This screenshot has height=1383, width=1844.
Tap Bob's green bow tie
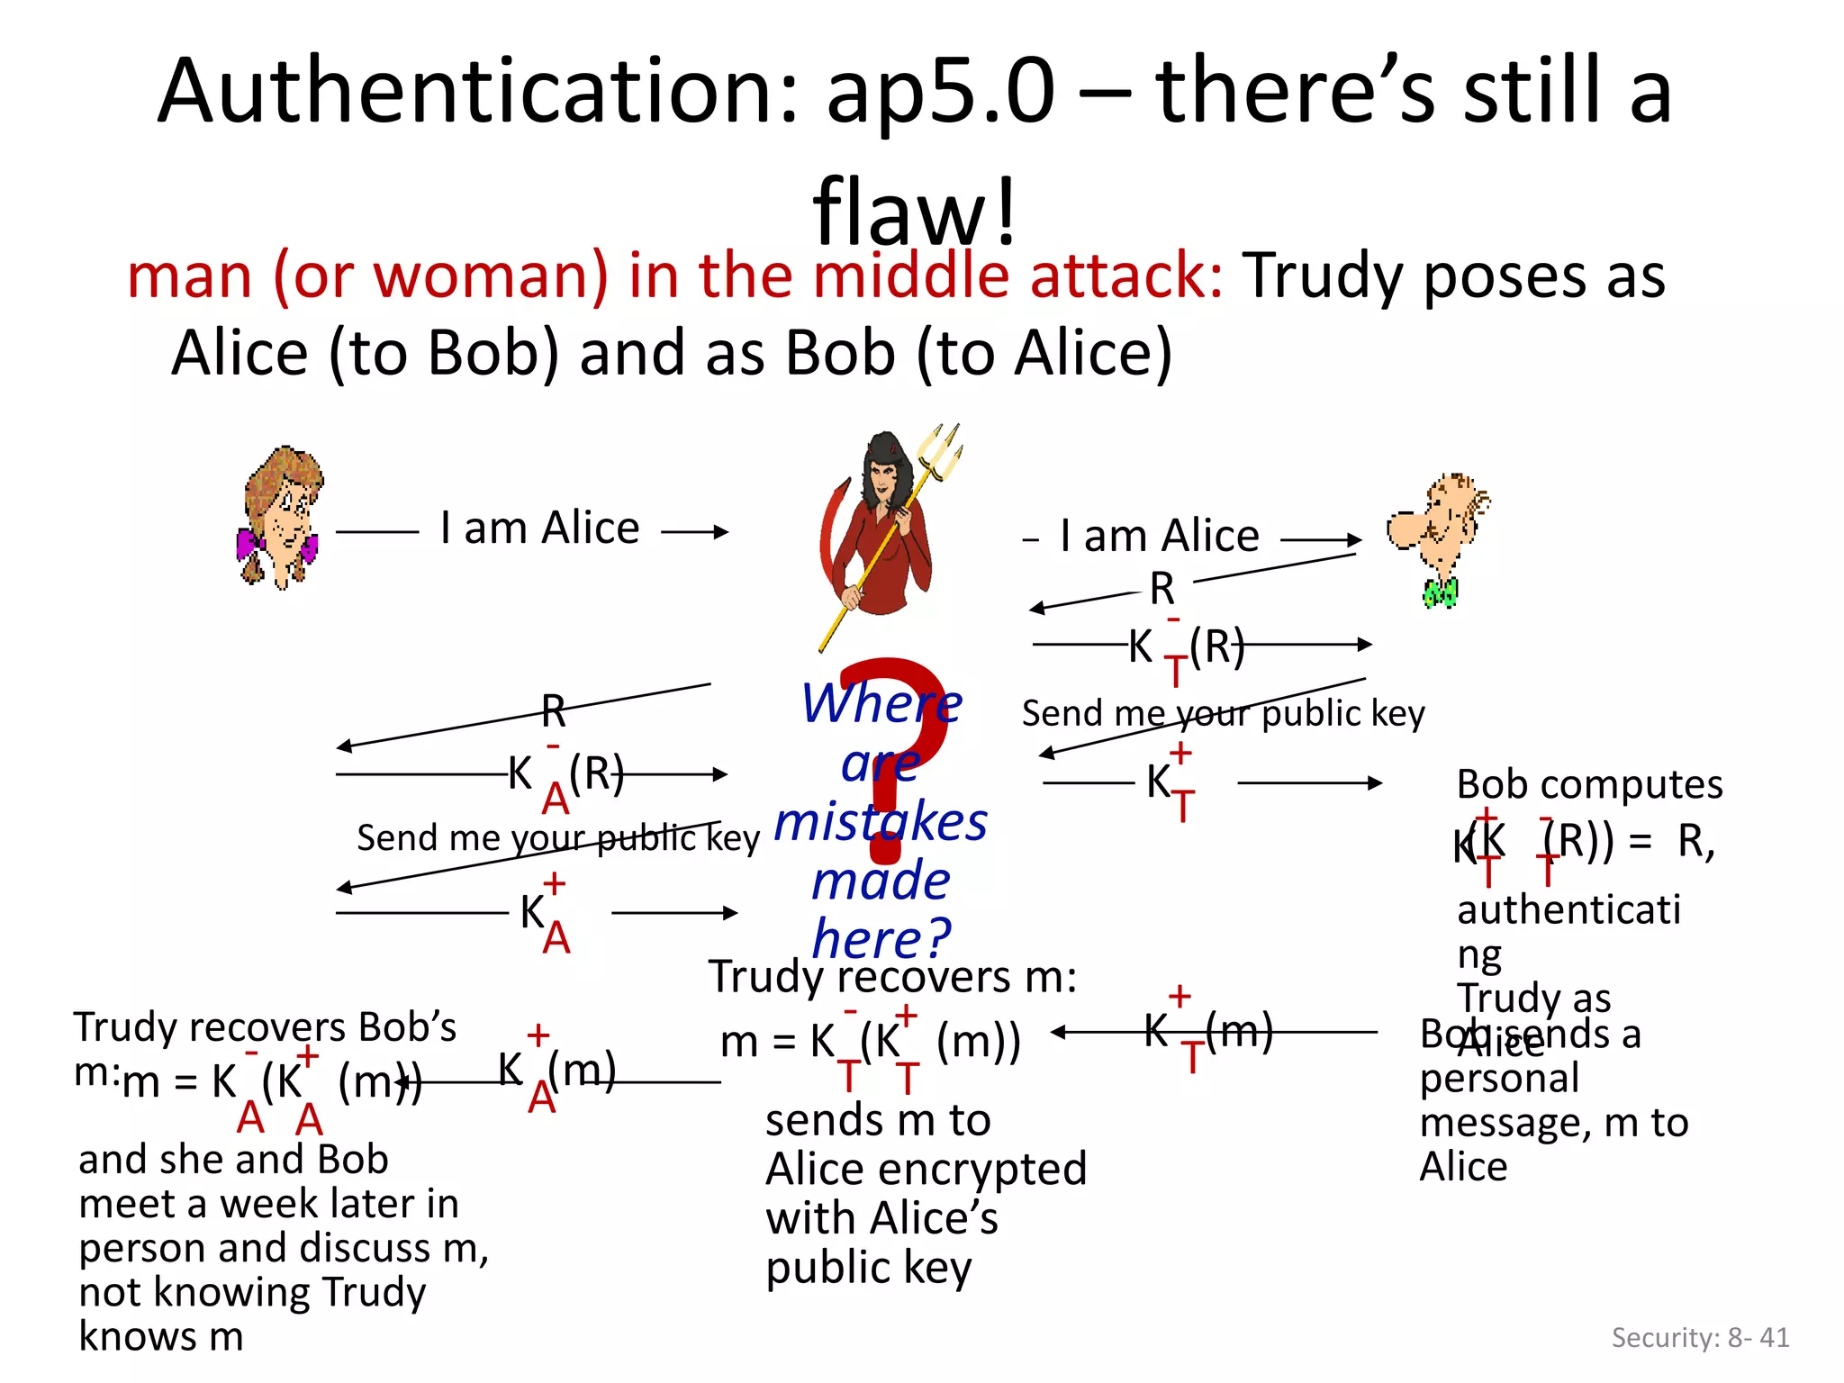coord(1440,592)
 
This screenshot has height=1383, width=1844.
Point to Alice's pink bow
coord(250,543)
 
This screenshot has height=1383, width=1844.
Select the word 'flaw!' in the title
coord(915,212)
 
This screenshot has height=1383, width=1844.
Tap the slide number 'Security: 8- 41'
coord(1700,1337)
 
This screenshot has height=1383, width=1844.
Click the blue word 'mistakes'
coord(881,821)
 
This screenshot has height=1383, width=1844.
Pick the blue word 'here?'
coord(881,938)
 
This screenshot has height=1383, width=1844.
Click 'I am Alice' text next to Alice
coord(539,528)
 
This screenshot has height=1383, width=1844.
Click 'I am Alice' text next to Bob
coord(1160,537)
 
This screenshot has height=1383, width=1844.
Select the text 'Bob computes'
coord(1589,784)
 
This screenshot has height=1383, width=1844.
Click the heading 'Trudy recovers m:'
coord(892,977)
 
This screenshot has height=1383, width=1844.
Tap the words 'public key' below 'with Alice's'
coord(868,1268)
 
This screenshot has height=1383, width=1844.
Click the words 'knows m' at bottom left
coord(161,1336)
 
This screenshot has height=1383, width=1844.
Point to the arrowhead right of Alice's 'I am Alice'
coord(720,532)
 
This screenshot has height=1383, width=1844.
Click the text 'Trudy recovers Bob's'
coord(265,1027)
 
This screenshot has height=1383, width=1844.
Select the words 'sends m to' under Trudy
coord(878,1121)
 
